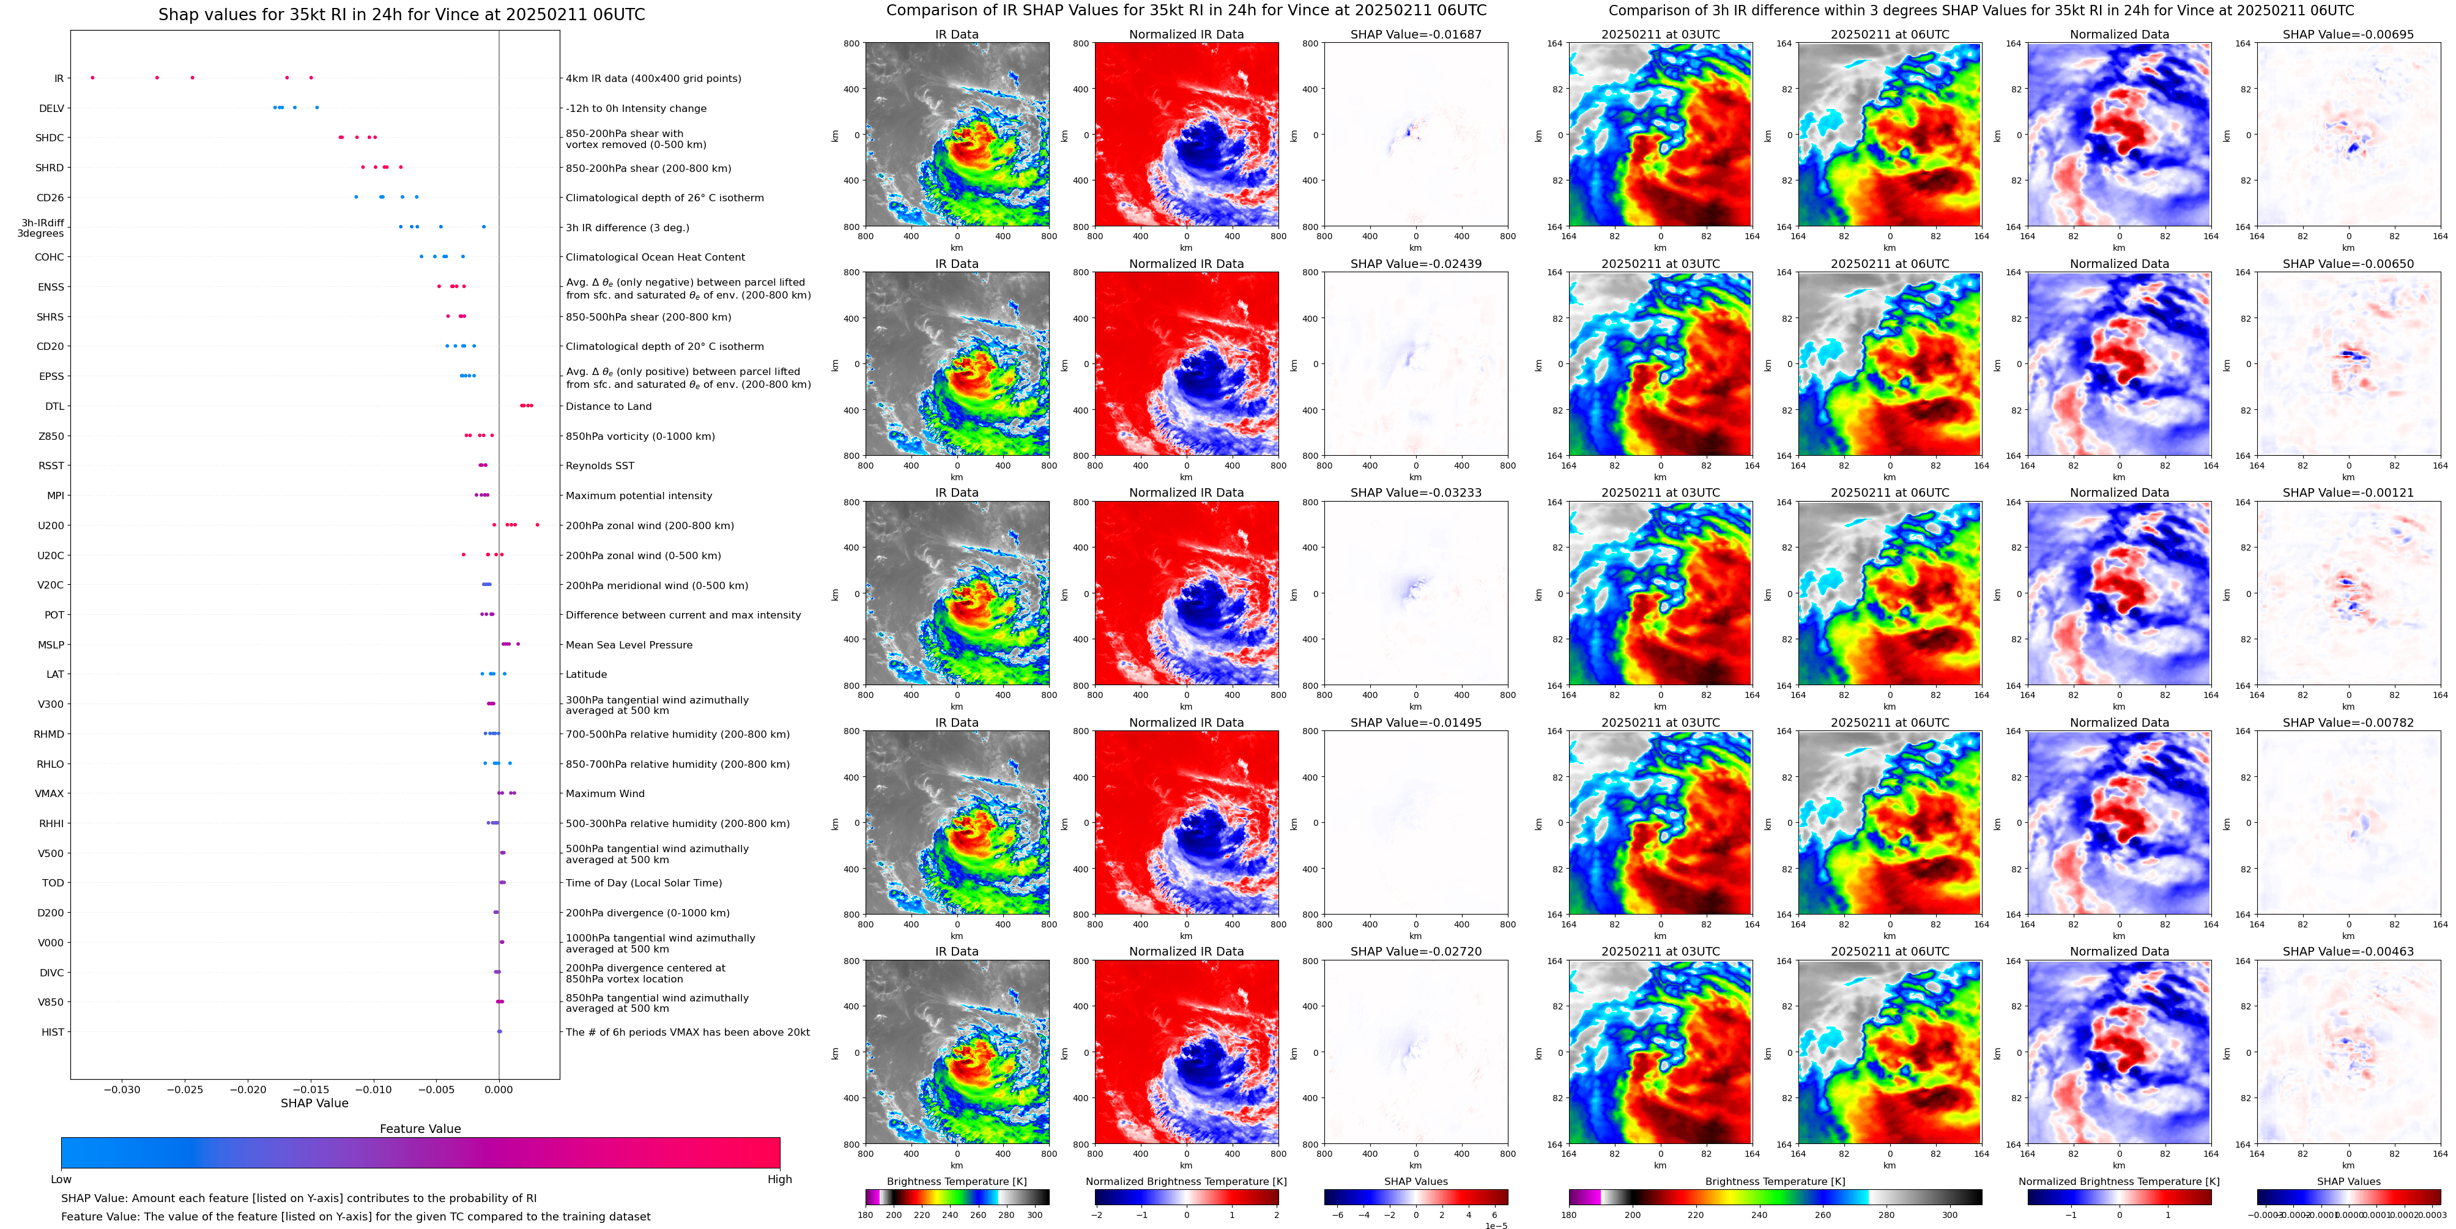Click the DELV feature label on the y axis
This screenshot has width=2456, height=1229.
click(51, 109)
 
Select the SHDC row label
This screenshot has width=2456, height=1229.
click(50, 138)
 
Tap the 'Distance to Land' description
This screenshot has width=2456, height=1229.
click(608, 406)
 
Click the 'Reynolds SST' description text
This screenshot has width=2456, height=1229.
click(599, 466)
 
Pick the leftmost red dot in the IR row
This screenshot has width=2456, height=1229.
click(92, 77)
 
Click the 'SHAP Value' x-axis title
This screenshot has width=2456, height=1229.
click(314, 1103)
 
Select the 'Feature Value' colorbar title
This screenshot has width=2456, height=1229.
click(420, 1129)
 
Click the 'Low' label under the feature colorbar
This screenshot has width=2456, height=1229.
click(61, 1179)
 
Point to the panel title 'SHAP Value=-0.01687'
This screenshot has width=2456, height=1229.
click(1416, 34)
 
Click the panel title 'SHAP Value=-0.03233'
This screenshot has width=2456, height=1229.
click(1416, 493)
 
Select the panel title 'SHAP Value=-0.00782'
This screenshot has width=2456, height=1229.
click(2348, 722)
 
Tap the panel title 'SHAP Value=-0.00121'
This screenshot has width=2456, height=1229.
click(2348, 493)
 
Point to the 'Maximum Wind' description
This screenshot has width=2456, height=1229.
click(604, 794)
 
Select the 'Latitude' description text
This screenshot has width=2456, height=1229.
click(587, 675)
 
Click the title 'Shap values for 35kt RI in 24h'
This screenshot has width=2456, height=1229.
click(401, 15)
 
